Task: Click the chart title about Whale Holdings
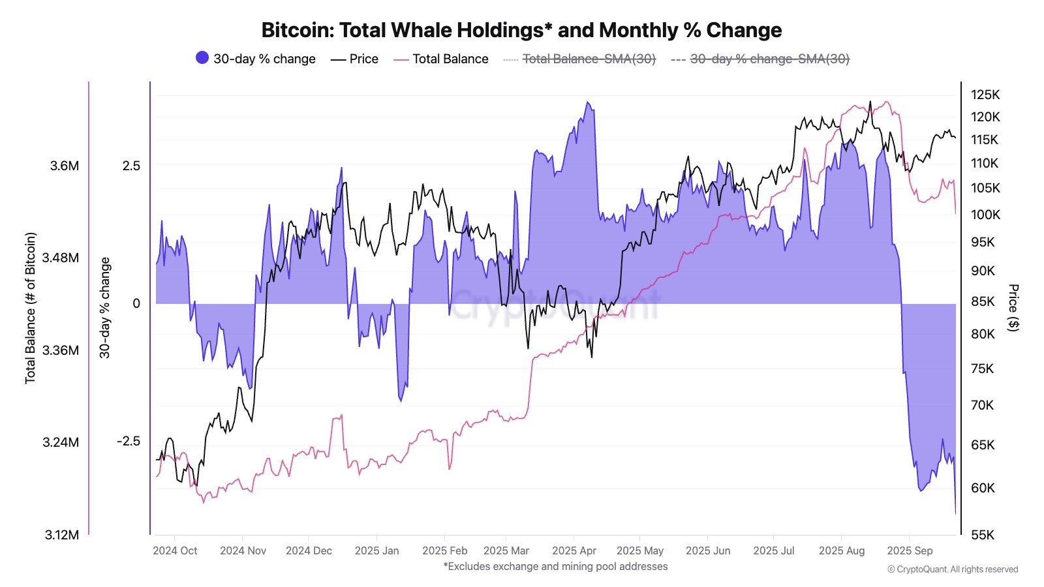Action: (521, 30)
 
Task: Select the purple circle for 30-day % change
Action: (202, 58)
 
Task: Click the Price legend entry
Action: (356, 59)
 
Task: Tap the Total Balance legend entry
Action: (442, 59)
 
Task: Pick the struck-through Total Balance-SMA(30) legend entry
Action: (580, 59)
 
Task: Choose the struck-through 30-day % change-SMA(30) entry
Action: (761, 59)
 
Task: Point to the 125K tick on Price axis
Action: (985, 95)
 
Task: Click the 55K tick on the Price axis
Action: (983, 535)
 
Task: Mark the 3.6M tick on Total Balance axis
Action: (65, 166)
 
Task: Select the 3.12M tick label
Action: (62, 535)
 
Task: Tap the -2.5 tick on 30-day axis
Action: (129, 441)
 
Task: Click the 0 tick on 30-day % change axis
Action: (136, 303)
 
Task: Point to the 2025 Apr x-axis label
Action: (574, 550)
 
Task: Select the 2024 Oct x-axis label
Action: (175, 550)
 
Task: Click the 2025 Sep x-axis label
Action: (910, 550)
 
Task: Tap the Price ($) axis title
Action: (1013, 308)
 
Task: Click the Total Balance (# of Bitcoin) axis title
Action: (31, 308)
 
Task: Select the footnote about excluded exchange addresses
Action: (555, 566)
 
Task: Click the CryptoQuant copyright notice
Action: (953, 569)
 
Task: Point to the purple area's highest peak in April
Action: (588, 102)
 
